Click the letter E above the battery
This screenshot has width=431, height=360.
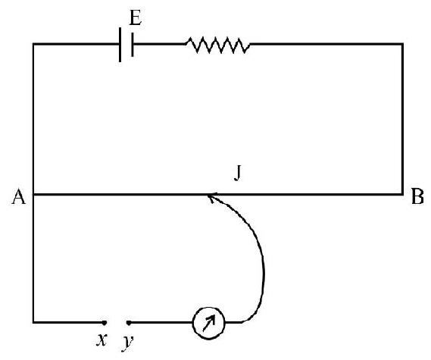136,18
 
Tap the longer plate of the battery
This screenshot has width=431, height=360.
120,45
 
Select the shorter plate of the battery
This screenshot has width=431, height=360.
133,45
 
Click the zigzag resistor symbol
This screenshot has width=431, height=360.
217,45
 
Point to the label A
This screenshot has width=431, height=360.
18,196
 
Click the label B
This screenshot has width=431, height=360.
417,196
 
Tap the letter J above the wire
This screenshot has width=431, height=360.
238,174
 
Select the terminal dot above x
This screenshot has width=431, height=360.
105,323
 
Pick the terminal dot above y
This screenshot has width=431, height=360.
129,323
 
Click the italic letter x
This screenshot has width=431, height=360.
102,340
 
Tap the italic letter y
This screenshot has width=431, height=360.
127,343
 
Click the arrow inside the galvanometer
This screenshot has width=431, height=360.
208,323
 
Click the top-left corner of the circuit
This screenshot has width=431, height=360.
33,44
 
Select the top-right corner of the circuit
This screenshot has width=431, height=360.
402,44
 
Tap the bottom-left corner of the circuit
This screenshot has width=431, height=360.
33,322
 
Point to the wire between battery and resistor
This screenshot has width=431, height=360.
159,44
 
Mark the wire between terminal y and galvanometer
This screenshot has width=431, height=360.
161,322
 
